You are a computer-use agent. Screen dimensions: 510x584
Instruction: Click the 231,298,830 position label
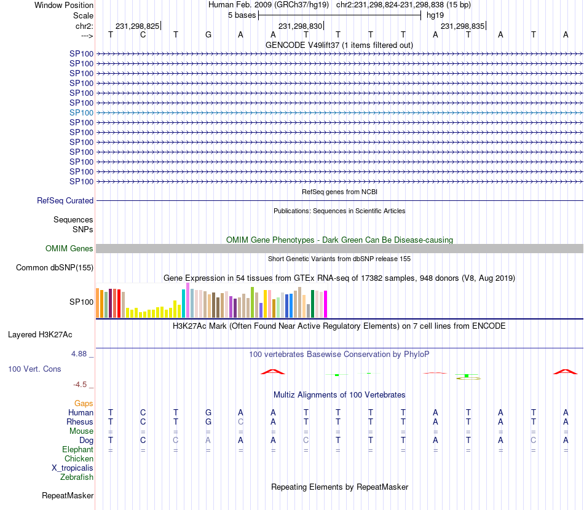point(300,26)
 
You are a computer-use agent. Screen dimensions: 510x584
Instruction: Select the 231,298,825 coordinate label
point(137,26)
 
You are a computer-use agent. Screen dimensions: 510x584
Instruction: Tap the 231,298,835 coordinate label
point(462,26)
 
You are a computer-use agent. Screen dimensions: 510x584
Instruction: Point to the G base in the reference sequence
point(208,35)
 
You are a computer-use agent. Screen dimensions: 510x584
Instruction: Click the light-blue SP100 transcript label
point(81,112)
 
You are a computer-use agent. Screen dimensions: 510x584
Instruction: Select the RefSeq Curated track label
point(65,200)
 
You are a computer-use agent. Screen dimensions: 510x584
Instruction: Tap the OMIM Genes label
point(69,248)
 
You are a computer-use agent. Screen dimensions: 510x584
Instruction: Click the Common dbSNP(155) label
point(55,267)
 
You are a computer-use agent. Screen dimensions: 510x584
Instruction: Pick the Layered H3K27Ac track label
point(40,335)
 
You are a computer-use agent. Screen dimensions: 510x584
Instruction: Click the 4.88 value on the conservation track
point(80,354)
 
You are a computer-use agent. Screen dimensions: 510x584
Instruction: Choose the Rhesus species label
point(80,422)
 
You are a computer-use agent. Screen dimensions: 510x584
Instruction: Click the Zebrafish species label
point(77,477)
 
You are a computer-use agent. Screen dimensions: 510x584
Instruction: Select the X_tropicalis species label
point(73,468)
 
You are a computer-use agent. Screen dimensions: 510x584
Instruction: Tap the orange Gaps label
point(84,403)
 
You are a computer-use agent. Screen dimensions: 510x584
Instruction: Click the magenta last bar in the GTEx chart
point(325,304)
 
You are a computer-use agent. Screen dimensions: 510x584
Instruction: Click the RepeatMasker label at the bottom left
point(68,495)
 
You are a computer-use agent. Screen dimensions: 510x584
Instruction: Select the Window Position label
point(64,5)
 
